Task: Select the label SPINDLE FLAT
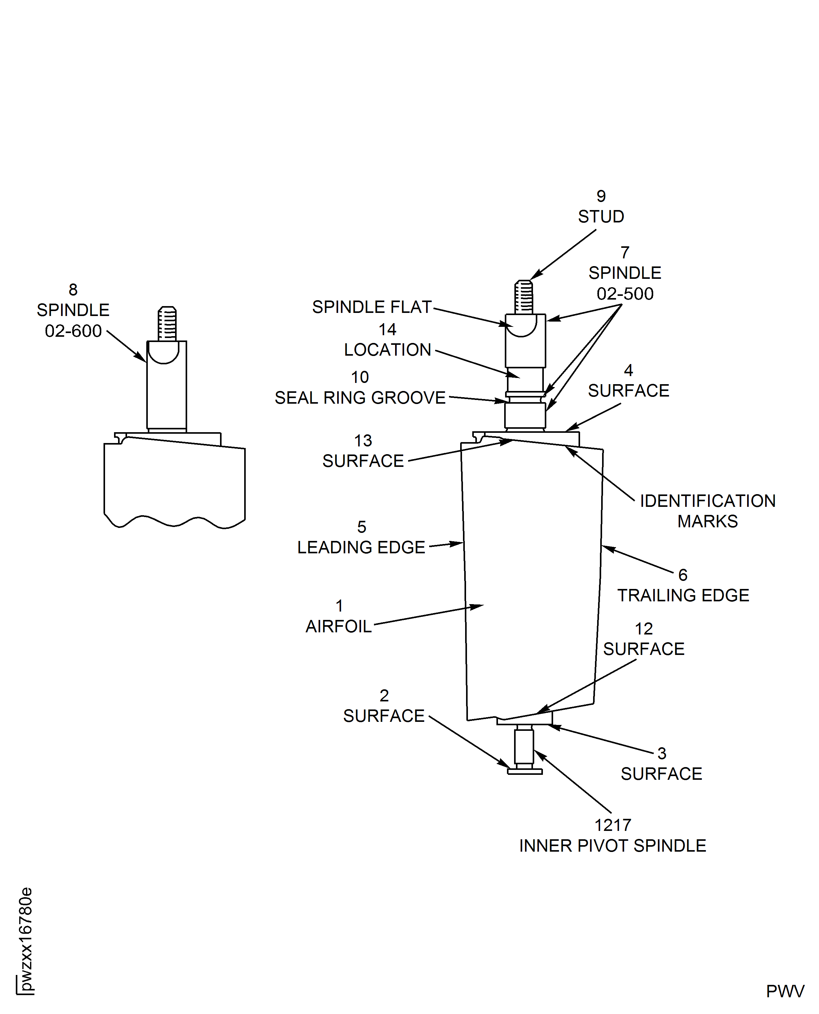pyautogui.click(x=372, y=307)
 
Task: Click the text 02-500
pyautogui.click(x=625, y=294)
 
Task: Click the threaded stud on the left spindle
pyautogui.click(x=167, y=323)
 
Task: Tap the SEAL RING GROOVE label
pyautogui.click(x=360, y=398)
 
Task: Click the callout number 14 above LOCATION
pyautogui.click(x=387, y=329)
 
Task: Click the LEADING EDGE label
pyautogui.click(x=361, y=547)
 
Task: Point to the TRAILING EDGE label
pyautogui.click(x=683, y=596)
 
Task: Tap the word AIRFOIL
pyautogui.click(x=338, y=627)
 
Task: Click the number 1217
pyautogui.click(x=612, y=825)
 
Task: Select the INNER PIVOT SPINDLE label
pyautogui.click(x=612, y=846)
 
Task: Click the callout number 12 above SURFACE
pyautogui.click(x=644, y=629)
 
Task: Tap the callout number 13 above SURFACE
pyautogui.click(x=363, y=441)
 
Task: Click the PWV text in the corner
pyautogui.click(x=785, y=991)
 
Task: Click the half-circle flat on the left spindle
pyautogui.click(x=163, y=352)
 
